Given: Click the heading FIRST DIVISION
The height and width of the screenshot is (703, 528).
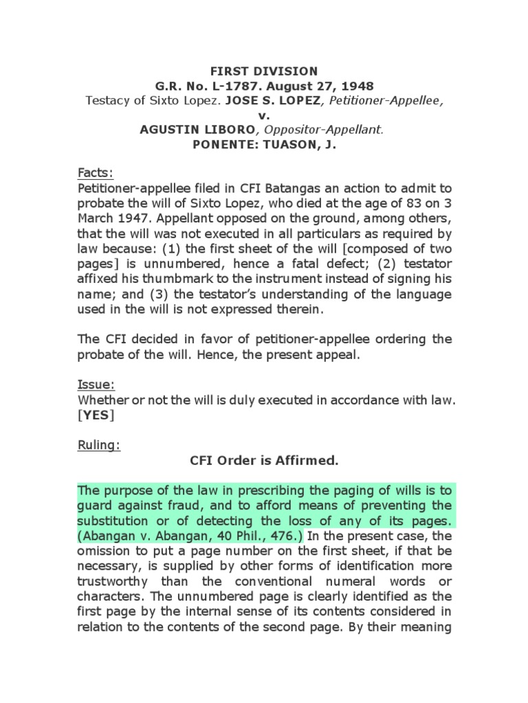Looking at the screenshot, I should pyautogui.click(x=264, y=71).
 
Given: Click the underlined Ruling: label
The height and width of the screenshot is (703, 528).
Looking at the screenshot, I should pyautogui.click(x=99, y=445).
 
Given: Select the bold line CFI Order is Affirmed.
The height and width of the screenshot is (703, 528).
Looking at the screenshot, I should pyautogui.click(x=264, y=460).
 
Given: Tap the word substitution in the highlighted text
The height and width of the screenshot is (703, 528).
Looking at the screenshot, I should pyautogui.click(x=111, y=520).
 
